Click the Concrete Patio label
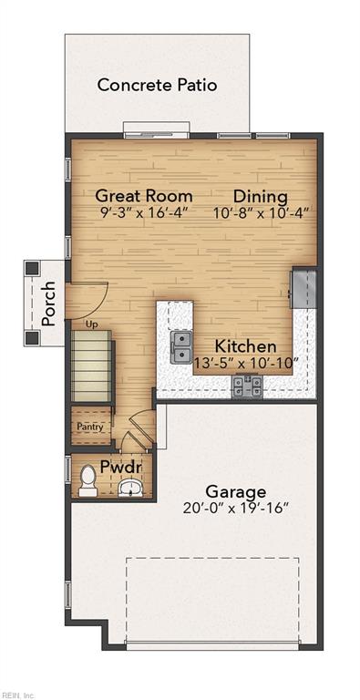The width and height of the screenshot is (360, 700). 158,85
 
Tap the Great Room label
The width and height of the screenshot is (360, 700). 144,196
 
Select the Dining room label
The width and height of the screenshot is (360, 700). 261,196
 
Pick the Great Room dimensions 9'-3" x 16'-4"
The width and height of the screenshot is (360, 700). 143,211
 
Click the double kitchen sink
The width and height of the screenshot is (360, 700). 181,347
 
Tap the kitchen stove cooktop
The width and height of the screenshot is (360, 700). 247,386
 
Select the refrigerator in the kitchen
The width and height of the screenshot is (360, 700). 304,288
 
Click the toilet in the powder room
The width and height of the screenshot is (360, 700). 88,480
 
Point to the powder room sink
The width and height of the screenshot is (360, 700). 130,488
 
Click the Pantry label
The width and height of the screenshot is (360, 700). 90,427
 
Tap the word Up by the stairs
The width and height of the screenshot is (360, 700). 91,324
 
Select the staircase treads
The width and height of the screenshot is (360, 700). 91,365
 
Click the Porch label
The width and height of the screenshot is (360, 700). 48,304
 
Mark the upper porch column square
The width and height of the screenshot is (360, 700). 32,268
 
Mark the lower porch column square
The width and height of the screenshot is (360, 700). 32,338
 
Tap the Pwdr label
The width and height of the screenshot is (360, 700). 120,468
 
